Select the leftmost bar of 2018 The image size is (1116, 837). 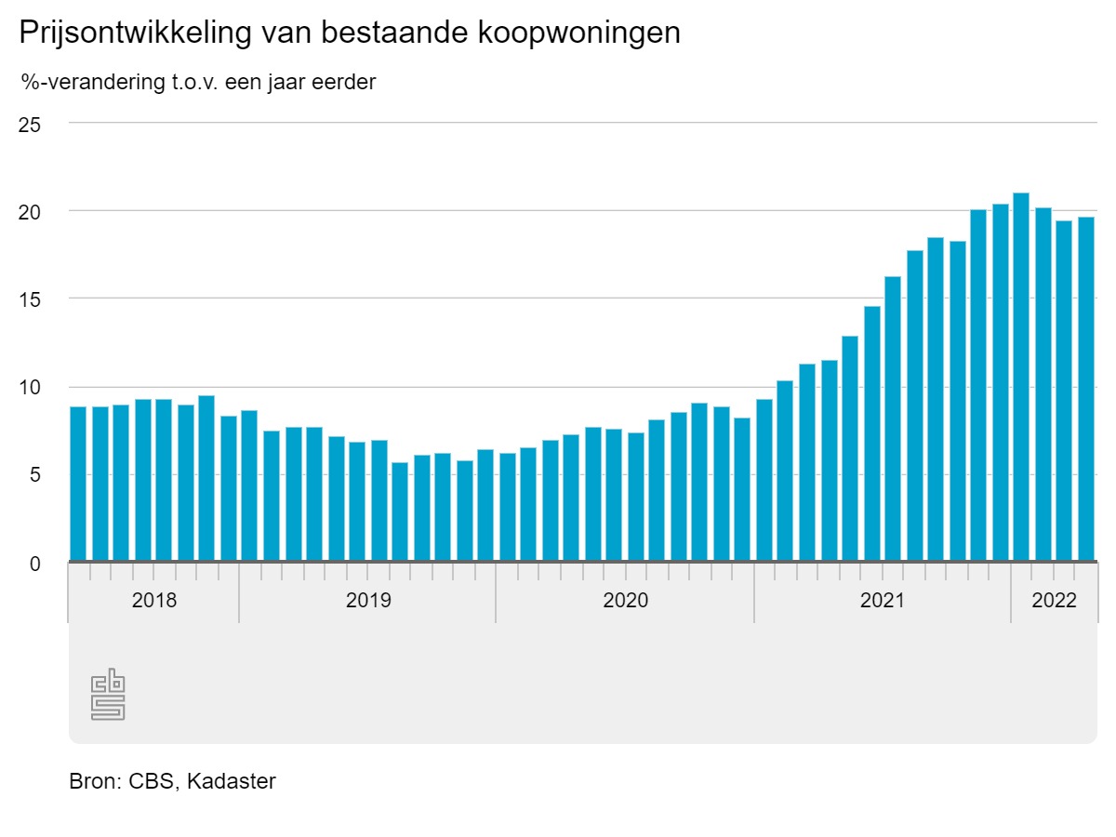pyautogui.click(x=78, y=484)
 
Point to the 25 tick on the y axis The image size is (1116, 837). pyautogui.click(x=30, y=124)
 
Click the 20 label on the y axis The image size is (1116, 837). pyautogui.click(x=30, y=211)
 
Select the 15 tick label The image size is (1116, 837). pyautogui.click(x=30, y=299)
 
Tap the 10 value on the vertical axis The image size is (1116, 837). pyautogui.click(x=30, y=388)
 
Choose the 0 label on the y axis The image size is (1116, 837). pyautogui.click(x=35, y=564)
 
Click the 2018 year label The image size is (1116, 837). pyautogui.click(x=153, y=600)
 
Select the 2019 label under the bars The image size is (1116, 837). pyautogui.click(x=368, y=600)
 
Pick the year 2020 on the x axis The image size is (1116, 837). pyautogui.click(x=625, y=600)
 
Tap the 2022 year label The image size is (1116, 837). pyautogui.click(x=1054, y=600)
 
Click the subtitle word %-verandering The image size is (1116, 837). pyautogui.click(x=89, y=83)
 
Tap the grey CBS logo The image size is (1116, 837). pyautogui.click(x=108, y=694)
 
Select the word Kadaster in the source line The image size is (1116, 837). pyautogui.click(x=232, y=781)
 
